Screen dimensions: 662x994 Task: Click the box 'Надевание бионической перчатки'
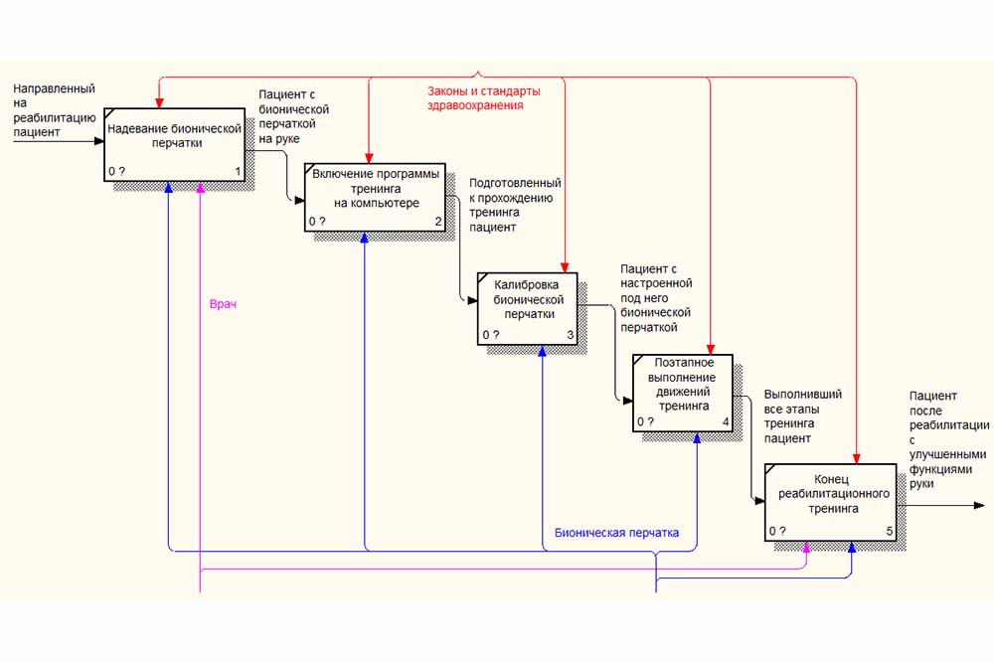point(174,144)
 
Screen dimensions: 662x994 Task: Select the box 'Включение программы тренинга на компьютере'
point(374,197)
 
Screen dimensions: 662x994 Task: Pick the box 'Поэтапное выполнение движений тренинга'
point(682,392)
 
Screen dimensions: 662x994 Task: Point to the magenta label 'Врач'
point(223,304)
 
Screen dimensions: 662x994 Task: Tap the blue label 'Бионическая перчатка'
point(616,534)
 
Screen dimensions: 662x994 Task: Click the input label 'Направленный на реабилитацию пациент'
point(55,110)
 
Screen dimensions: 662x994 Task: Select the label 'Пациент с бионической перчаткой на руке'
point(293,116)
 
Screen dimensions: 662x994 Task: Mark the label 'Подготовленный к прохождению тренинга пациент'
point(515,205)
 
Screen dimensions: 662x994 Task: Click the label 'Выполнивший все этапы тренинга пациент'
point(802,415)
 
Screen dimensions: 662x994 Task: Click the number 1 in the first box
point(238,171)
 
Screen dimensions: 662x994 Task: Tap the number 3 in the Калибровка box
point(570,335)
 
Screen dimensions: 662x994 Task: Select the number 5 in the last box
point(889,532)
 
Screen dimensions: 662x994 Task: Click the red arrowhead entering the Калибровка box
point(565,266)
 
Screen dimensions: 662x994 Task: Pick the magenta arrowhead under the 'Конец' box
point(806,548)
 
